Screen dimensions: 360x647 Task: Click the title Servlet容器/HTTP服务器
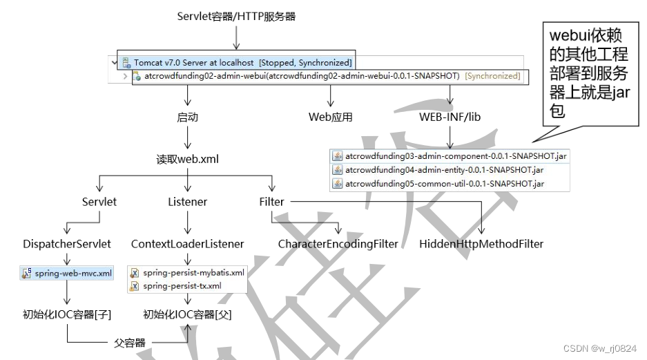coord(236,16)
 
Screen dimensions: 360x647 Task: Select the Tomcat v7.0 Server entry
coord(235,62)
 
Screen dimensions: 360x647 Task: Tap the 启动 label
coord(188,117)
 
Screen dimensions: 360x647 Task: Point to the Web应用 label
coord(330,117)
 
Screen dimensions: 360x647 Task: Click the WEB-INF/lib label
coord(450,117)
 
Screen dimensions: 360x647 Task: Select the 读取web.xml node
coord(188,159)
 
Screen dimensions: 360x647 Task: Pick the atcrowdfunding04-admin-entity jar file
coord(444,169)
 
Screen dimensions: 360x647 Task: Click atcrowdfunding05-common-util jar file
coord(444,183)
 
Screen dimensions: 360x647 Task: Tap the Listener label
coord(188,202)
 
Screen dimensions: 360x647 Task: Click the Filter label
coord(271,202)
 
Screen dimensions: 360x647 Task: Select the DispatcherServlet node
coord(67,244)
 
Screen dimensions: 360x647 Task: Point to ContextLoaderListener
coord(188,244)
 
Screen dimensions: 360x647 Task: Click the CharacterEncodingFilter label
coord(338,244)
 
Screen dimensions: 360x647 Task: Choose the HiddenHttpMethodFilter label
coord(481,244)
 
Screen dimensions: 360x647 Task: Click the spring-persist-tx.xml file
coord(182,285)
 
